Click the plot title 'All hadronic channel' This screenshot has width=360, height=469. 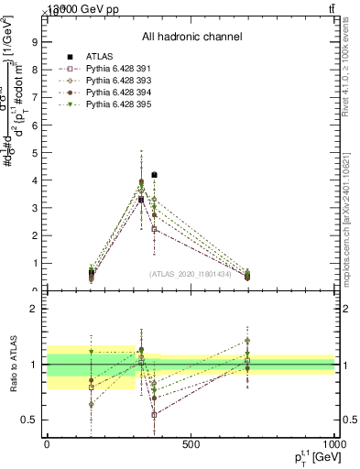click(191, 38)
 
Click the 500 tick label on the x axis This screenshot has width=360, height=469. click(191, 444)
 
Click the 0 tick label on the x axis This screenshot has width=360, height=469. click(47, 444)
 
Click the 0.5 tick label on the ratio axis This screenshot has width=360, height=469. click(29, 420)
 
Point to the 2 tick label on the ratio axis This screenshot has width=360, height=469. click(34, 309)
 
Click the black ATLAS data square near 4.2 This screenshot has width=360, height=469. click(154, 174)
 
